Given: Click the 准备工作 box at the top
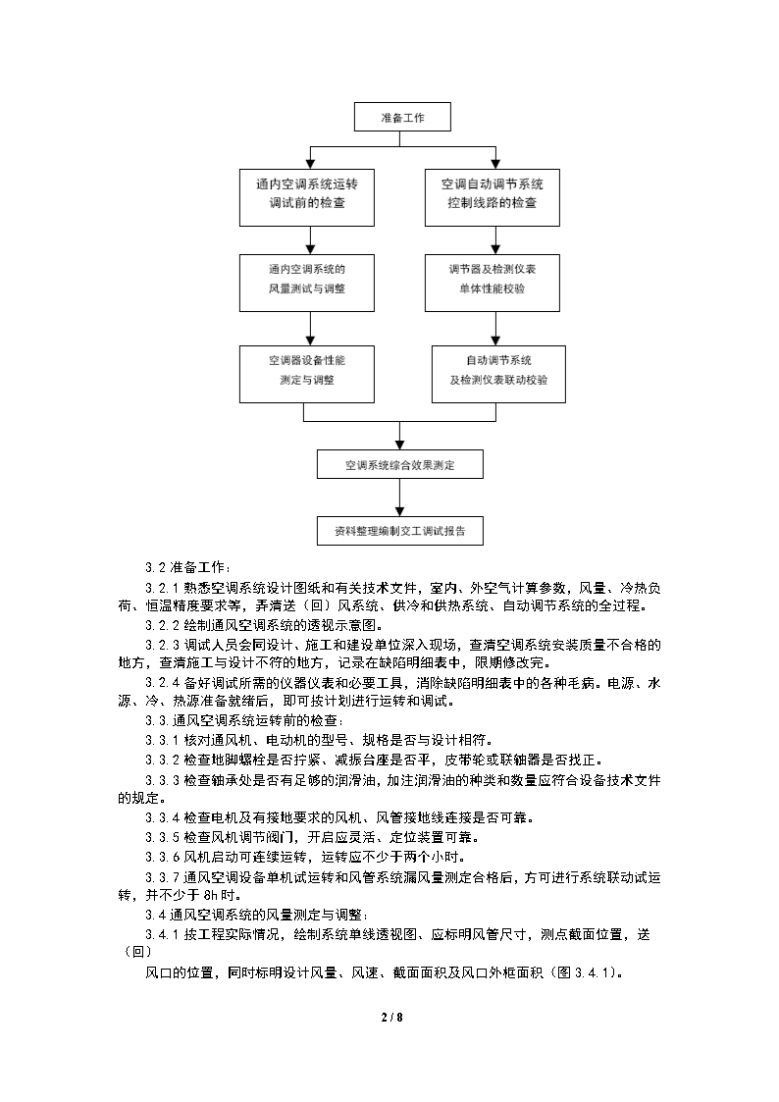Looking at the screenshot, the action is [402, 118].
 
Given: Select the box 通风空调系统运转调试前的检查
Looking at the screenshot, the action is [307, 197].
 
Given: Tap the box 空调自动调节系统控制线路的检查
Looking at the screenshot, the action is [493, 197].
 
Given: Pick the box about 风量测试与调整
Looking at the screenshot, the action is [307, 283].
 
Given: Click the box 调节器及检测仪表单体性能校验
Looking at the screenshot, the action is [493, 283].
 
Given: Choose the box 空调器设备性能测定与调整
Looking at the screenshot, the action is [307, 374].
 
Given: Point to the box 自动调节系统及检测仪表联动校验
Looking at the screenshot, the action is [498, 374].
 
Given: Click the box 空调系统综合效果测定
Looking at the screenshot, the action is [400, 464].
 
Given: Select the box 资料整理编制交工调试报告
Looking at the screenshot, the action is [400, 531].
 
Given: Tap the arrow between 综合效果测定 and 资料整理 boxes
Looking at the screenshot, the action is [400, 498].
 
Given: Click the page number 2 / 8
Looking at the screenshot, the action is [392, 1017].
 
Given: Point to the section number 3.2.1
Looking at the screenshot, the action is [162, 588].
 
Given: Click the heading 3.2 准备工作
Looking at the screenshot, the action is [187, 568].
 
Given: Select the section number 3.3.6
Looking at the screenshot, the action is [162, 858].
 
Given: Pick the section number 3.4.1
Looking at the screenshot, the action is [162, 935].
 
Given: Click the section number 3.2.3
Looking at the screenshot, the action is [162, 645].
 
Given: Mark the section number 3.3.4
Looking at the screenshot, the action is [162, 818].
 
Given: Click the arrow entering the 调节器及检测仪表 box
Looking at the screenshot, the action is [495, 240].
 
